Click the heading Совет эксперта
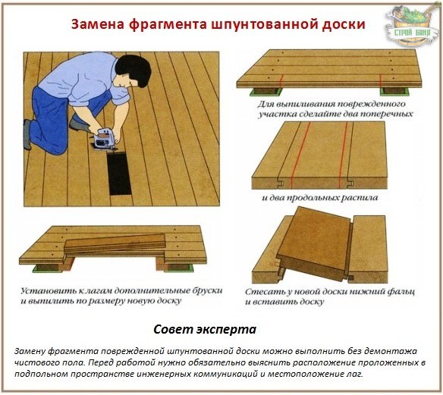[205, 330]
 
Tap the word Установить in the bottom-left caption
[46, 290]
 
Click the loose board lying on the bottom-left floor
[114, 244]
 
